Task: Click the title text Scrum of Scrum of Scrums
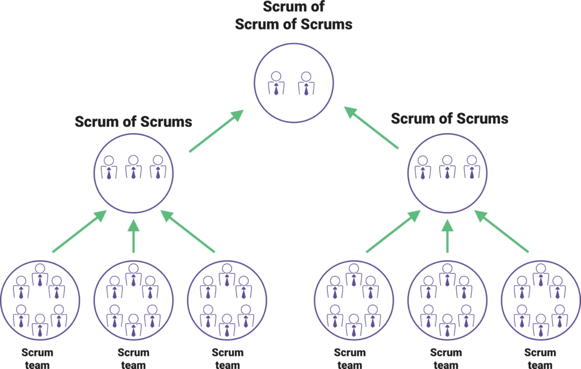click(294, 16)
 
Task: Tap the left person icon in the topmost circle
click(276, 83)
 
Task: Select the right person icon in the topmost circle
click(306, 83)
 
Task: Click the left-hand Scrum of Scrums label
click(133, 122)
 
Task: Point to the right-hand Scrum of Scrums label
click(449, 119)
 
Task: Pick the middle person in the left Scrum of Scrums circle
click(133, 167)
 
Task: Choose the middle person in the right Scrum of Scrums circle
click(448, 167)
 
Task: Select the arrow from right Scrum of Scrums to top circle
click(372, 128)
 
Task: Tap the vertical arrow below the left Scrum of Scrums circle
click(133, 234)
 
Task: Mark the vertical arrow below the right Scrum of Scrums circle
click(448, 234)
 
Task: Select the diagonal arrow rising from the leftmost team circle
click(79, 231)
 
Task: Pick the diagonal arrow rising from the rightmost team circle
click(502, 231)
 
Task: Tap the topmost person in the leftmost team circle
click(40, 275)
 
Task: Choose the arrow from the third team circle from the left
click(188, 231)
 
